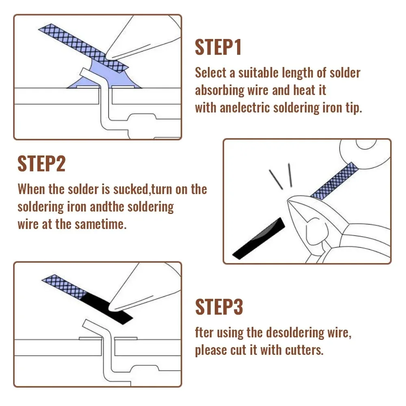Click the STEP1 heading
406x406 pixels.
[218, 47]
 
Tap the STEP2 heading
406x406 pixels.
[41, 163]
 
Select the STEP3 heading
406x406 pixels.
[219, 307]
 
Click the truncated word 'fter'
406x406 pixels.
[204, 333]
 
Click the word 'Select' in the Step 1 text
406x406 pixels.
[210, 73]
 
